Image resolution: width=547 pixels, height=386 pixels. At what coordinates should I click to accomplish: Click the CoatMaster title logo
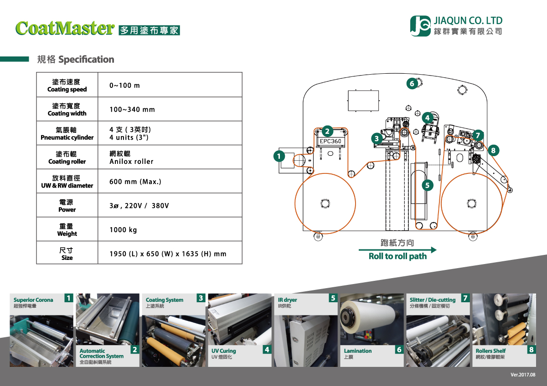64,28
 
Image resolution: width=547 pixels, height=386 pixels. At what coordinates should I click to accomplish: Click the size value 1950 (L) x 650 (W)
168,254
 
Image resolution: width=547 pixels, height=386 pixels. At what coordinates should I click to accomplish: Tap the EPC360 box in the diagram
330,141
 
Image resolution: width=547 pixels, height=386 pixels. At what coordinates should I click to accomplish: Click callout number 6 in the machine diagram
412,83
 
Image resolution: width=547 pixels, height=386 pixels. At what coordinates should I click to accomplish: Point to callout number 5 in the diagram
427,185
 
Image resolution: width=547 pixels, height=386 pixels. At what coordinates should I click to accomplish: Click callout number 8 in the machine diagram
493,149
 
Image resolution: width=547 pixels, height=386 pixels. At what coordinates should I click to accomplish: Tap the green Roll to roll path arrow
397,250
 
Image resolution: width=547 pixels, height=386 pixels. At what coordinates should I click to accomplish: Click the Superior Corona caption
33,300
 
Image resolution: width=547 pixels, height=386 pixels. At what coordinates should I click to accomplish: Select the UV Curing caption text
224,351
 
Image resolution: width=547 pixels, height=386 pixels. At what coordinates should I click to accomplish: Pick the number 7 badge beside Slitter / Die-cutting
465,298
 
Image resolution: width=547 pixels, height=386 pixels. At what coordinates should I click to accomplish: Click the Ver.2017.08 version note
523,375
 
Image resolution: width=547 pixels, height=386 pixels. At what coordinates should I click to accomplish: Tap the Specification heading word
86,60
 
